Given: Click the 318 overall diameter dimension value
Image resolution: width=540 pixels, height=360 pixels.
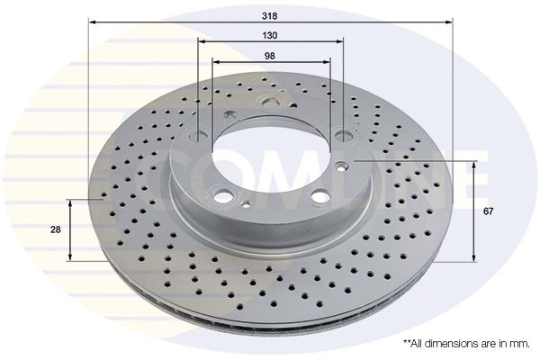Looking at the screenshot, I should point(270,14).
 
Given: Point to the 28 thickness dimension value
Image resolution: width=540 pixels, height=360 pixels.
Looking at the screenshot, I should point(56,229).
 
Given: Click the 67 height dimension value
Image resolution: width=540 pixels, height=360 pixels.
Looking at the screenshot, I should point(488,211).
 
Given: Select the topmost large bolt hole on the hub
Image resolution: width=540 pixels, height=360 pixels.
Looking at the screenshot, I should point(267,103).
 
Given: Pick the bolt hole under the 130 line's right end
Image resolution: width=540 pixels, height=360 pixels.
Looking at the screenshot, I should point(343,137).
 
